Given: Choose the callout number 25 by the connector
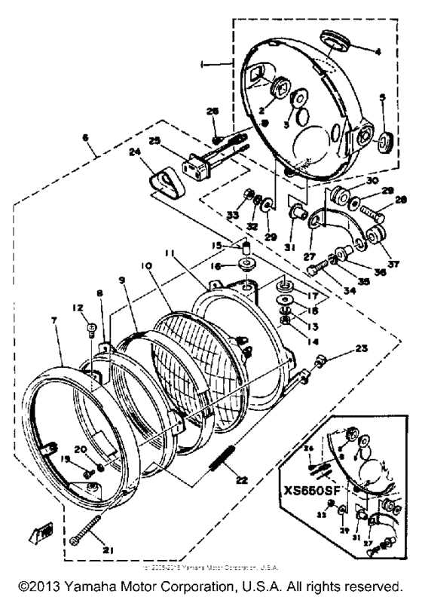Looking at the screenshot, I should (x=155, y=139).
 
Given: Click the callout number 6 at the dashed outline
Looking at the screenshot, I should (x=85, y=138).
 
